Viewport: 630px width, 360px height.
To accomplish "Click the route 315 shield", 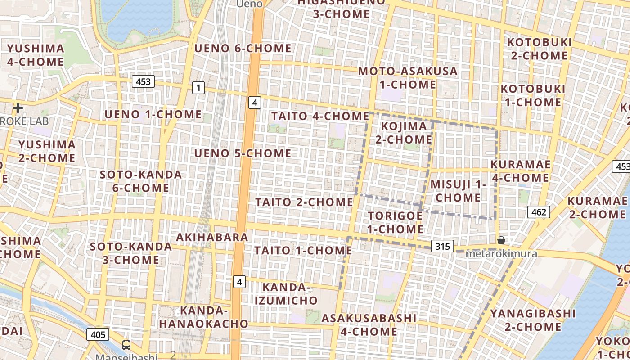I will pyautogui.click(x=443, y=246).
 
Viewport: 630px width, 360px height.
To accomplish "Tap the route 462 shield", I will pyautogui.click(x=539, y=212).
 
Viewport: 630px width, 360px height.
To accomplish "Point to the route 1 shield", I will pyautogui.click(x=198, y=87).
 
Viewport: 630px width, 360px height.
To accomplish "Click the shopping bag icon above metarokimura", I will pyautogui.click(x=501, y=240).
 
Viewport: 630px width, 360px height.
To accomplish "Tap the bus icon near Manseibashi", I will pyautogui.click(x=126, y=345).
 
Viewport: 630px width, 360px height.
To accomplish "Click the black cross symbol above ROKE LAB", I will pyautogui.click(x=18, y=108).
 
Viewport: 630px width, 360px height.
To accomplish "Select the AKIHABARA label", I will pyautogui.click(x=212, y=237).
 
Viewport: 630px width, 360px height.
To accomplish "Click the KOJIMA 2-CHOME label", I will pyautogui.click(x=404, y=133).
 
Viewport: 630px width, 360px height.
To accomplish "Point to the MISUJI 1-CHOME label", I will pyautogui.click(x=459, y=191).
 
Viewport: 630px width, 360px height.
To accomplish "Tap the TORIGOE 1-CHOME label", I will pyautogui.click(x=396, y=222).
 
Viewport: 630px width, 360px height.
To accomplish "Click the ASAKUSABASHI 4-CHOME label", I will pyautogui.click(x=369, y=324).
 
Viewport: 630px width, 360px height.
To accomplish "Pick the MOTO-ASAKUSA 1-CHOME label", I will pyautogui.click(x=408, y=77).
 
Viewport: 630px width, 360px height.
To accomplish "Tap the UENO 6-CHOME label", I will pyautogui.click(x=243, y=48).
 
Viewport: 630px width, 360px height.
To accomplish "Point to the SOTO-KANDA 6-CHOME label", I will pyautogui.click(x=140, y=181).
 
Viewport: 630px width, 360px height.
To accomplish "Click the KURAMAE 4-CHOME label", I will pyautogui.click(x=520, y=171).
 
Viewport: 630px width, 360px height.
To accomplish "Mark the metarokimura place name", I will pyautogui.click(x=501, y=254).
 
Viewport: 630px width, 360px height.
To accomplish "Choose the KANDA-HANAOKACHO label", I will pyautogui.click(x=203, y=317).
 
